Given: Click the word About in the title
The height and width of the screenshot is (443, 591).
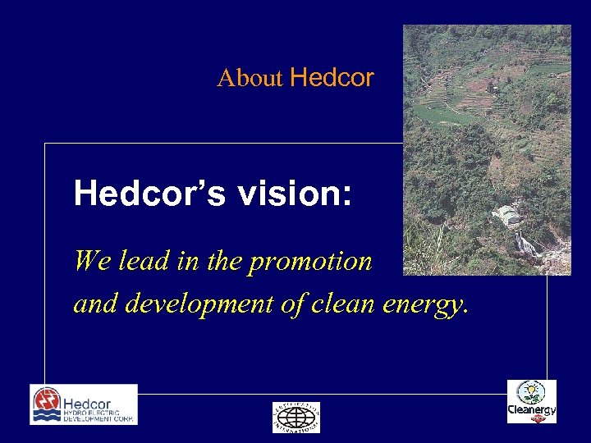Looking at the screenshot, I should pyautogui.click(x=250, y=79).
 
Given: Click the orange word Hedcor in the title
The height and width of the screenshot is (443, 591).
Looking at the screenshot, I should pyautogui.click(x=332, y=78).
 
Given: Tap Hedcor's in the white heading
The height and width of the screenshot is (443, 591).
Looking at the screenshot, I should pyautogui.click(x=149, y=194).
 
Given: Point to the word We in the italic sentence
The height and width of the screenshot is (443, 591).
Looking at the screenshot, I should pyautogui.click(x=87, y=261).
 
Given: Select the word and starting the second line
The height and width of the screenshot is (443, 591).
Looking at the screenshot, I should pyautogui.click(x=91, y=304).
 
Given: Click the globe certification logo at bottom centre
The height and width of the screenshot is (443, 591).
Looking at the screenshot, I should pyautogui.click(x=296, y=417).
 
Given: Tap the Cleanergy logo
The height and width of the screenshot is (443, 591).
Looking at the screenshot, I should pyautogui.click(x=531, y=402).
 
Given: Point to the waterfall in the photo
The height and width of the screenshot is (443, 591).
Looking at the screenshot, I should pyautogui.click(x=525, y=244).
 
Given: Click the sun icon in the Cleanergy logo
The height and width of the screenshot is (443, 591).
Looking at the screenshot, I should pyautogui.click(x=532, y=390).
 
